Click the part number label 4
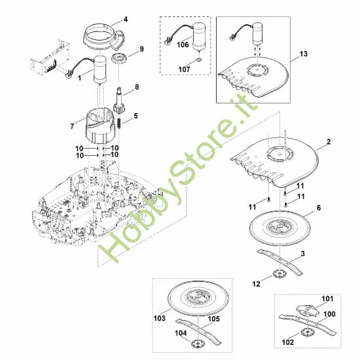point(126,19)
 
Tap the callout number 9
point(141,49)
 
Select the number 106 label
point(183,45)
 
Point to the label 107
point(185,69)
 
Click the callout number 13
point(303,54)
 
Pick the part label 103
point(160,318)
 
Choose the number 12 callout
point(256,284)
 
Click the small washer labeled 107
point(199,60)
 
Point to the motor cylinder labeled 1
point(100,69)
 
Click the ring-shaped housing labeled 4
point(104,37)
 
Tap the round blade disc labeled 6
point(280,227)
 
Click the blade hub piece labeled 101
point(308,310)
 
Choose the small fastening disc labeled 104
point(197,344)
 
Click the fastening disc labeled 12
point(279,274)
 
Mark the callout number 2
point(329,141)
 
